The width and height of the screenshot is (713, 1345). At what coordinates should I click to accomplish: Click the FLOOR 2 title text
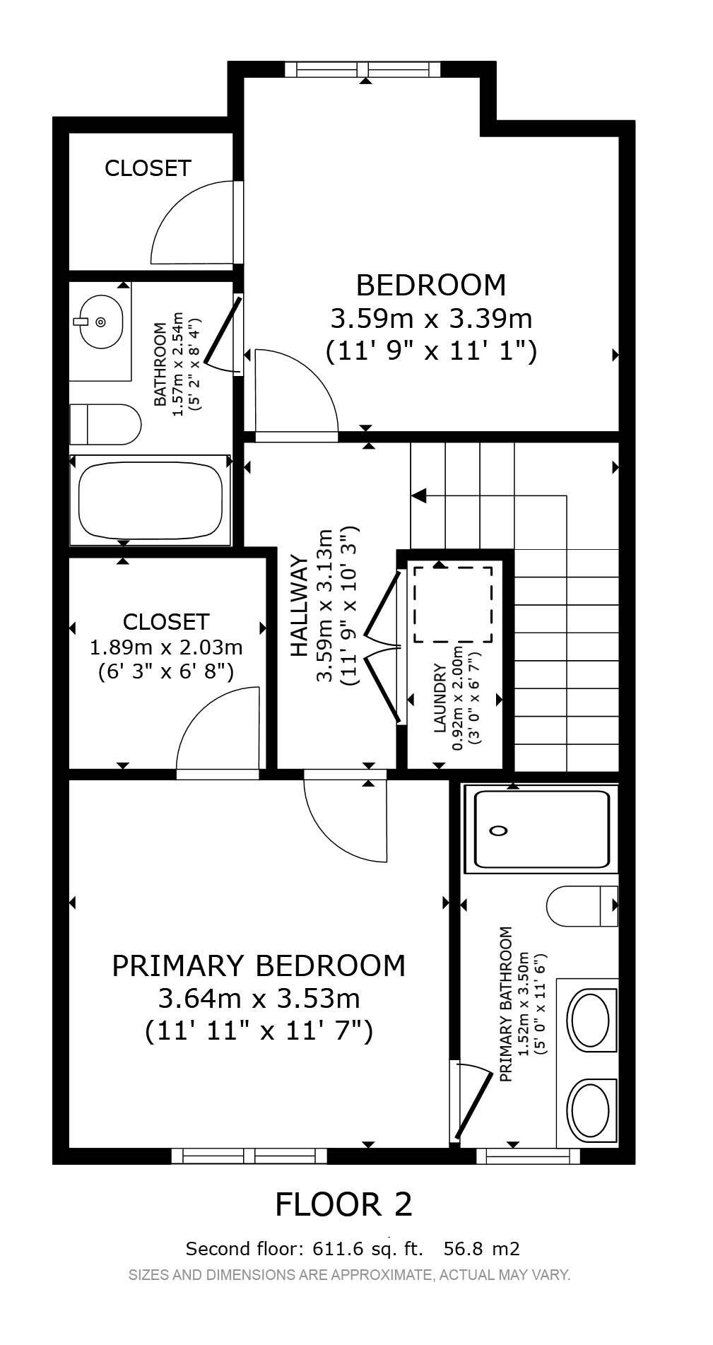[343, 1204]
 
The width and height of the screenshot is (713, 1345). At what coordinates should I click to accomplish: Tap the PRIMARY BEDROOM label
[259, 965]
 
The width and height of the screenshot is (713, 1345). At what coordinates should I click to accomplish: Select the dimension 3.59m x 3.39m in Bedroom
[431, 319]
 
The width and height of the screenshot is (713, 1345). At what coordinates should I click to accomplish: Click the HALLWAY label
[300, 606]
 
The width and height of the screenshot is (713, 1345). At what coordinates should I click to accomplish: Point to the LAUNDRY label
[440, 698]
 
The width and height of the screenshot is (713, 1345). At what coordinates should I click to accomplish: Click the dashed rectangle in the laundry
[453, 604]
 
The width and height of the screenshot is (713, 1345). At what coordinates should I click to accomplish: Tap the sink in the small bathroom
[100, 322]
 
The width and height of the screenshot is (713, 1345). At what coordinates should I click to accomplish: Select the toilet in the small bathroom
[106, 424]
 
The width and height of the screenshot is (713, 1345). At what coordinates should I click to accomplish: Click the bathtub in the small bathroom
[150, 500]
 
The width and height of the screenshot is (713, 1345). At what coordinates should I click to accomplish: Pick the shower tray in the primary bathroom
[541, 830]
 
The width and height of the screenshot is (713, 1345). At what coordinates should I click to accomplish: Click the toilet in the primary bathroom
[582, 905]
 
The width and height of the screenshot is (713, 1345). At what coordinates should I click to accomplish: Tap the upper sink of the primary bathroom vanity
[589, 1020]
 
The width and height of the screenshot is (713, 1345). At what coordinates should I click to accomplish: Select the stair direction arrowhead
[418, 495]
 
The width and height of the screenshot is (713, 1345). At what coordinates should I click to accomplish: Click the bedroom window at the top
[363, 69]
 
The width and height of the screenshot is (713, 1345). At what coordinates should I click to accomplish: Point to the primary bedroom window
[249, 1156]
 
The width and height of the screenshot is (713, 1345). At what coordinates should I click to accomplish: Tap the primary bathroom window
[528, 1156]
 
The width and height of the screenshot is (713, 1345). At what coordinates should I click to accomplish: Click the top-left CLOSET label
[148, 168]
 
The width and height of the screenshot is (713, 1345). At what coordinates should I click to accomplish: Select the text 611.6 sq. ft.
[367, 1249]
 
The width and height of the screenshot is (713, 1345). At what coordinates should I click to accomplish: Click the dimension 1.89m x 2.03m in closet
[166, 647]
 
